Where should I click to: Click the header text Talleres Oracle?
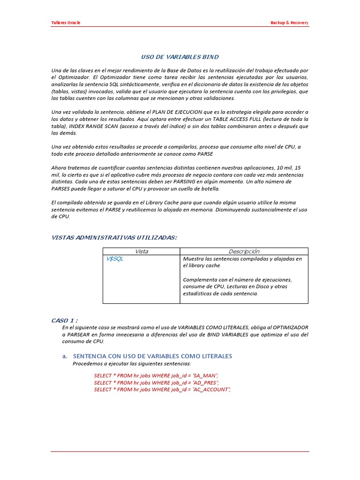point(65,23)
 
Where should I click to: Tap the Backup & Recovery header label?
point(290,23)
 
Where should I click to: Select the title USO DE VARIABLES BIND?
point(180,57)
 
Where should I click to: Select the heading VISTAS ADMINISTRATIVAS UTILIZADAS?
point(114,238)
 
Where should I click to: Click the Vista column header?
point(141,251)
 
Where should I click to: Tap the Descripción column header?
point(244,251)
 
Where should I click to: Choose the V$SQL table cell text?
point(115,259)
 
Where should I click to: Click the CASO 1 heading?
point(65,320)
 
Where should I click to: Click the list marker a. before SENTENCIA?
point(65,356)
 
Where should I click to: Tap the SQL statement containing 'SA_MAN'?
point(156,375)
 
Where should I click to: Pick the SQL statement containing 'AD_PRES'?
point(156,382)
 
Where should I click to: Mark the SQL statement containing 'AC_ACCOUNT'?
point(162,390)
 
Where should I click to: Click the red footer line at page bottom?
point(180,452)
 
